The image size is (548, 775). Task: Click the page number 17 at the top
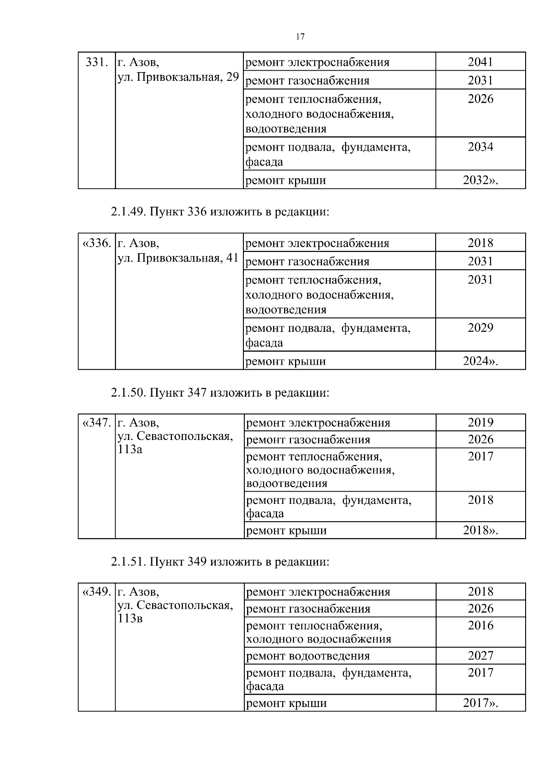click(x=300, y=37)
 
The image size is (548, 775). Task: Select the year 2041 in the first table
click(x=480, y=62)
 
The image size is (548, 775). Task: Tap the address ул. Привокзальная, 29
click(x=178, y=77)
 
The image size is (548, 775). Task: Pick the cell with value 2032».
click(x=480, y=180)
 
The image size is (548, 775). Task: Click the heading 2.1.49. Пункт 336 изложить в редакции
click(x=220, y=212)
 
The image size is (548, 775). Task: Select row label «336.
click(x=96, y=243)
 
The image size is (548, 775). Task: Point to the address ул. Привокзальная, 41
click(x=178, y=258)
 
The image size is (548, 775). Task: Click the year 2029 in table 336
click(x=480, y=328)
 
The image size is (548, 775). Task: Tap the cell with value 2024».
click(x=480, y=361)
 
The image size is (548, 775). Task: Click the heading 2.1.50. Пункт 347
click(x=220, y=393)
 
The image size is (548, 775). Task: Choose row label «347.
click(x=96, y=423)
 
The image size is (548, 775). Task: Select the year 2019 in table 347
click(x=480, y=423)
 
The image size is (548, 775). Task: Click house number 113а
click(x=130, y=450)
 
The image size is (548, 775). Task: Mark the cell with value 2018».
click(x=480, y=530)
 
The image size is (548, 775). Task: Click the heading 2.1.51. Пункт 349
click(x=220, y=561)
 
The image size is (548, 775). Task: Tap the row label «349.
click(x=96, y=592)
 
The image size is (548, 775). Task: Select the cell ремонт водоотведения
click(x=308, y=656)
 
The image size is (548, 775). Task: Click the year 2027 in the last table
click(x=480, y=656)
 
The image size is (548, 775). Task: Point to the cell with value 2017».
click(x=480, y=703)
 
